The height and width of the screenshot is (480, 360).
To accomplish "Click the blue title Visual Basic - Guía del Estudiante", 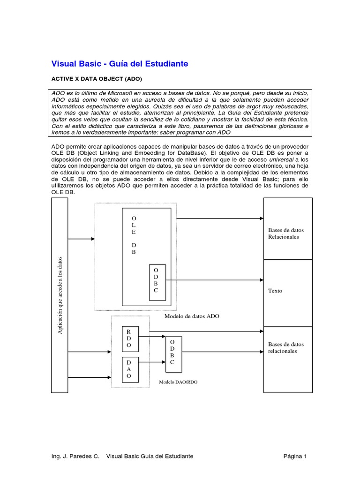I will click(120, 63).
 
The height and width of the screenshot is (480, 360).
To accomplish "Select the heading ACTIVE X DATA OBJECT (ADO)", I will click(96, 79).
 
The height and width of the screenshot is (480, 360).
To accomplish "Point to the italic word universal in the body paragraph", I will click(268, 159).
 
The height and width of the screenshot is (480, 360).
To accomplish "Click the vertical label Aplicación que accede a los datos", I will click(60, 295).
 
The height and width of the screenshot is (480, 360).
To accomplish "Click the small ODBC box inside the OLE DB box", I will click(157, 280).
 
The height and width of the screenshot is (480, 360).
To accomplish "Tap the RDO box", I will click(129, 338).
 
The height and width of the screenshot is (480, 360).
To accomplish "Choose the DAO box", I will click(129, 369).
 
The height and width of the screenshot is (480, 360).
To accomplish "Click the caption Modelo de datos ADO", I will click(192, 316).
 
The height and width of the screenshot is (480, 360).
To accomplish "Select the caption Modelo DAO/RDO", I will click(178, 382).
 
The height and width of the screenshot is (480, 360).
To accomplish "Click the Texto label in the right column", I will click(275, 291).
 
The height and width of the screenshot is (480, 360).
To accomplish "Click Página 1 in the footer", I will click(295, 456).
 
